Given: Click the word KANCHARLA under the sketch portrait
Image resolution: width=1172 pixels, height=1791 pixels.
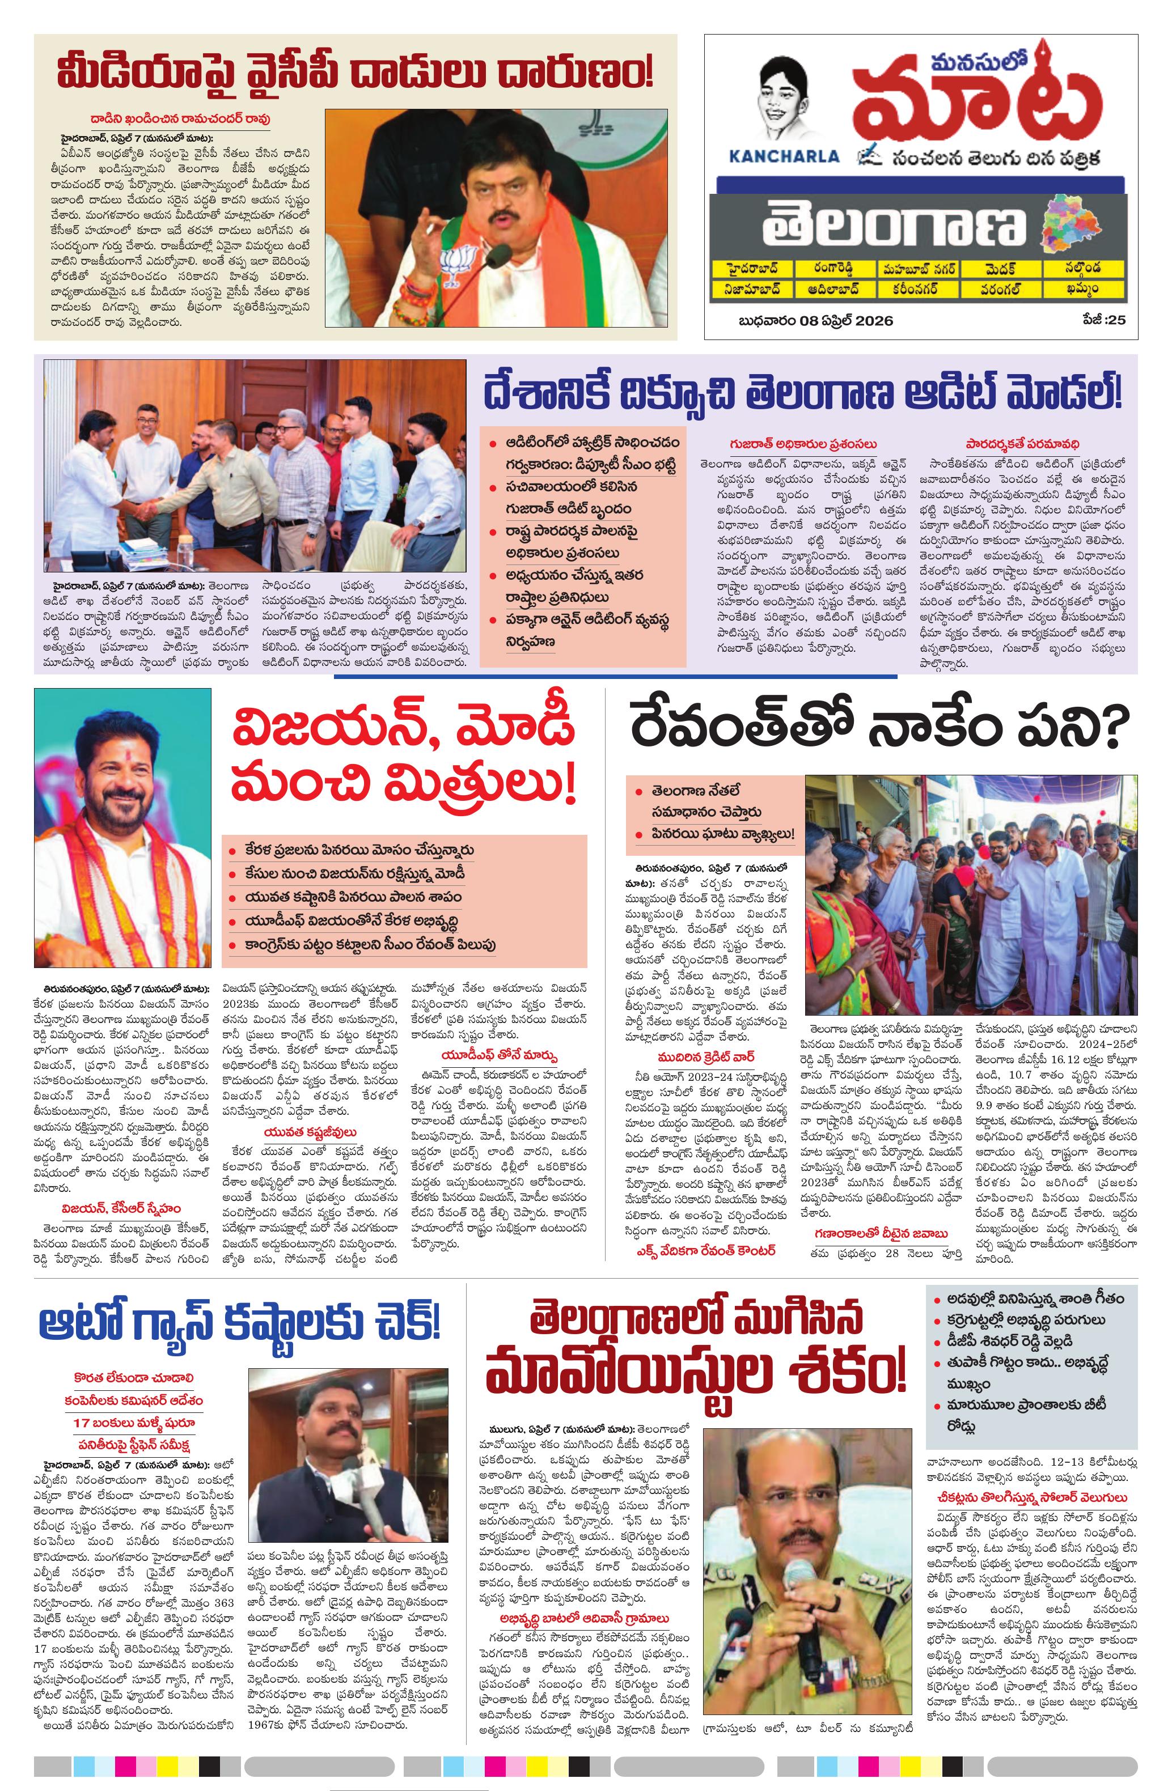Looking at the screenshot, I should [784, 156].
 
